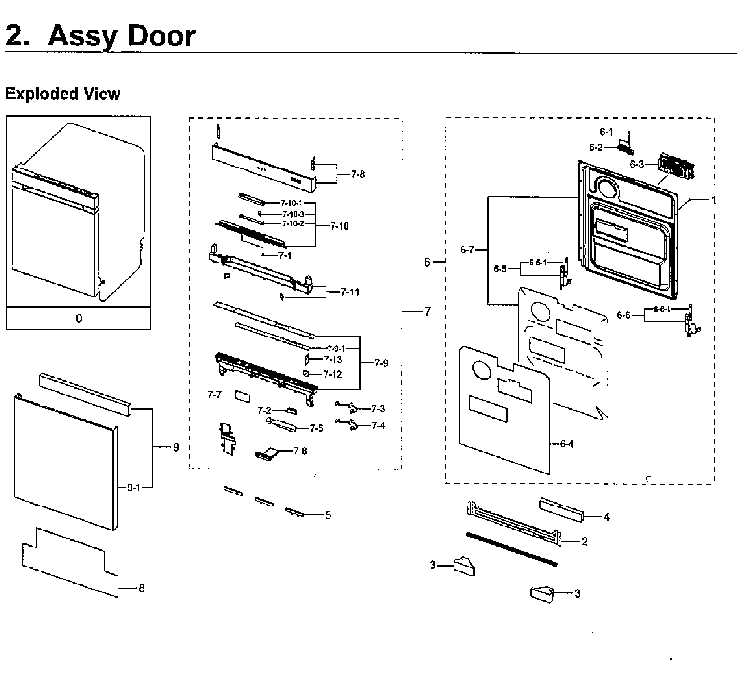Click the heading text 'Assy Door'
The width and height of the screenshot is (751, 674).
click(x=121, y=36)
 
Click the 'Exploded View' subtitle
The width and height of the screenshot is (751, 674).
click(x=62, y=94)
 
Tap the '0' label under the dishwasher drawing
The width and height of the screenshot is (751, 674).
click(x=78, y=318)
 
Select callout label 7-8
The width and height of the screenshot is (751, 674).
click(x=357, y=174)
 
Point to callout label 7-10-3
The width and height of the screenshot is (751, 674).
click(x=293, y=214)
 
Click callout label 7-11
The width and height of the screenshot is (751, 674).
click(x=350, y=292)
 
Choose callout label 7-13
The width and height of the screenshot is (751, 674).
click(x=333, y=359)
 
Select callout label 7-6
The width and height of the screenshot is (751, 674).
click(x=300, y=451)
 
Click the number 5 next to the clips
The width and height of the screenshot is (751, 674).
click(x=328, y=515)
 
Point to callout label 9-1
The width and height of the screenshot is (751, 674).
click(x=133, y=488)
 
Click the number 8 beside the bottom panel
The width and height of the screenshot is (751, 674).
click(x=142, y=588)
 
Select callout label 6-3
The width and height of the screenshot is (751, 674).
click(x=636, y=164)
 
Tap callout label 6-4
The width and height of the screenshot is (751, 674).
click(x=566, y=444)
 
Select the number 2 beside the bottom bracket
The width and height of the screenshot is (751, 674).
click(x=585, y=542)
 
